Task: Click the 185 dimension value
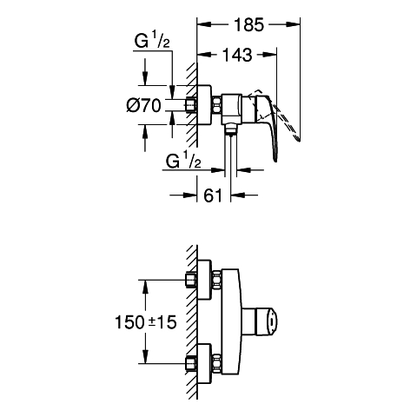click(249, 24)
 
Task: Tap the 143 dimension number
click(237, 55)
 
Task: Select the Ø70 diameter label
click(143, 105)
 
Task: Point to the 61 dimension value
click(213, 195)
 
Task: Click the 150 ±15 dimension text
click(146, 321)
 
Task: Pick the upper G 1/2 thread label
click(152, 40)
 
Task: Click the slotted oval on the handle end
click(272, 321)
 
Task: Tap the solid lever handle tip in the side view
click(275, 159)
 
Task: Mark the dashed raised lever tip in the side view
click(297, 138)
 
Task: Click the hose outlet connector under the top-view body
click(231, 129)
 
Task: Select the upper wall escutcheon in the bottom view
click(204, 280)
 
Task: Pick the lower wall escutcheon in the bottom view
click(204, 364)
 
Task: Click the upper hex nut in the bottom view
click(217, 280)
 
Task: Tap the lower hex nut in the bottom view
click(217, 363)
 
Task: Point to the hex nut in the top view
click(217, 105)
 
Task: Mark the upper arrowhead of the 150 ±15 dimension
click(146, 287)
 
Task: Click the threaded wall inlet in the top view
click(190, 105)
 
